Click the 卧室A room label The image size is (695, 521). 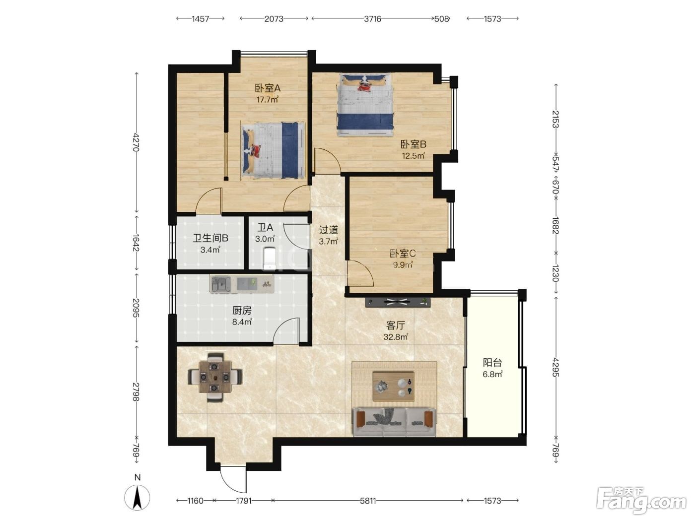[x=268, y=88]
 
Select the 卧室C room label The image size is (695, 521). [x=403, y=254]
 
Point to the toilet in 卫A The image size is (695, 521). [x=270, y=259]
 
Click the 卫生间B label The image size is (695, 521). [x=210, y=238]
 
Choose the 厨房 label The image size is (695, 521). [x=242, y=311]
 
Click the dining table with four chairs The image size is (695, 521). [x=215, y=377]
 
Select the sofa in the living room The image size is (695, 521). [x=394, y=422]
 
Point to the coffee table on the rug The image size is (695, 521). [x=394, y=387]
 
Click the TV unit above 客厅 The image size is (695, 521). [x=398, y=302]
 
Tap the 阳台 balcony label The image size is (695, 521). [x=492, y=362]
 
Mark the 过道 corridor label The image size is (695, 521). [x=328, y=230]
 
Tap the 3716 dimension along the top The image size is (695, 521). [x=372, y=19]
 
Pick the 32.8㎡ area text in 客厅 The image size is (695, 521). [x=396, y=337]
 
